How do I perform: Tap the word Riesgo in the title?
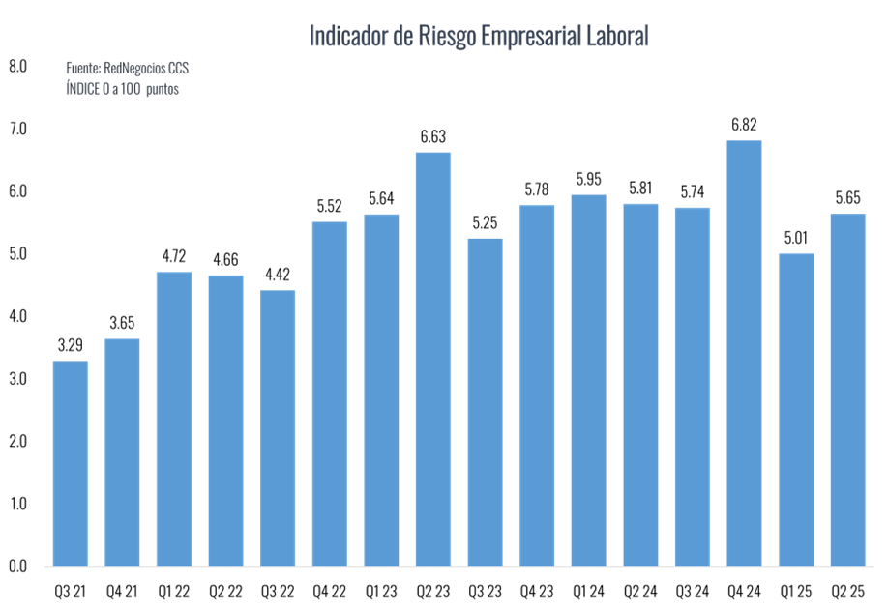(446, 37)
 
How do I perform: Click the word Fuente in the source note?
(81, 70)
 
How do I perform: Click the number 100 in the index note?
(131, 88)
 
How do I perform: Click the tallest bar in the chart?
(744, 353)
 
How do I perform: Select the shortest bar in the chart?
(70, 463)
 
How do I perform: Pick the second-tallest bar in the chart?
(433, 359)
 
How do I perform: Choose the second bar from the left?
(122, 451)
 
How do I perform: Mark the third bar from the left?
(174, 419)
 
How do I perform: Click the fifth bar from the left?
(278, 427)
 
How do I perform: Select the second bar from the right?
(796, 409)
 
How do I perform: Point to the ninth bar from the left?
(485, 401)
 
